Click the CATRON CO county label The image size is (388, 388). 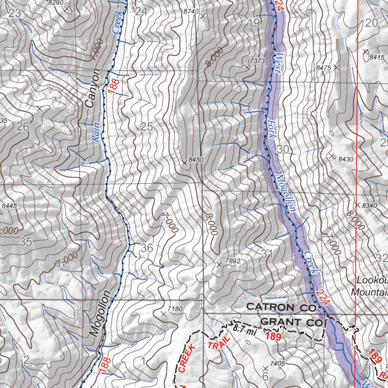pyautogui.click(x=281, y=307)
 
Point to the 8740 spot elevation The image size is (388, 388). pyautogui.click(x=191, y=12)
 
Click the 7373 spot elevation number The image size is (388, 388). pyautogui.click(x=257, y=61)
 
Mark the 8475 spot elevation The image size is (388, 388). pyautogui.click(x=324, y=67)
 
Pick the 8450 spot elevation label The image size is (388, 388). pyautogui.click(x=196, y=160)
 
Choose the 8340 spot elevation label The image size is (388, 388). pyautogui.click(x=370, y=205)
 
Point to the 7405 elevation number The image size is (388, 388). pyautogui.click(x=277, y=364)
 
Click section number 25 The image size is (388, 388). pyautogui.click(x=146, y=127)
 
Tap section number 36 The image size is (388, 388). pyautogui.click(x=147, y=249)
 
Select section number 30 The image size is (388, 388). pyautogui.click(x=283, y=149)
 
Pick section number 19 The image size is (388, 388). pyautogui.click(x=254, y=23)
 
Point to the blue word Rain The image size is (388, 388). pyautogui.click(x=96, y=133)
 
